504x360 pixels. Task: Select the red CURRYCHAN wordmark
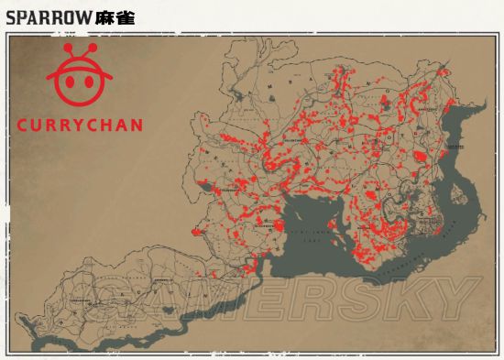click(80, 124)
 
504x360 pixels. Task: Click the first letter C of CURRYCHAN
click(24, 124)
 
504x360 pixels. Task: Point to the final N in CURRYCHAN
click(136, 124)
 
